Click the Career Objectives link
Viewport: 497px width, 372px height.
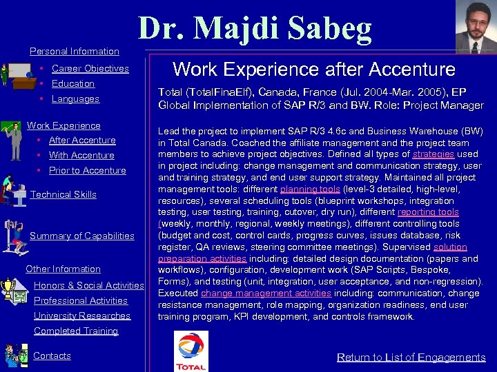[90, 68]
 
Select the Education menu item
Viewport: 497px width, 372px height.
[72, 83]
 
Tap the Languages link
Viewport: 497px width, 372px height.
[75, 99]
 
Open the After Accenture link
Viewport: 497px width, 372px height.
[82, 140]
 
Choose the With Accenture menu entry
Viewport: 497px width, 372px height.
[81, 155]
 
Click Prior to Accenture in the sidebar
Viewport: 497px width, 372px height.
[87, 170]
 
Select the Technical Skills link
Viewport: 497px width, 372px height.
[64, 194]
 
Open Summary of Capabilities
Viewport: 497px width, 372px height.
[82, 236]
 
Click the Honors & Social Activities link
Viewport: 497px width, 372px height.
[88, 285]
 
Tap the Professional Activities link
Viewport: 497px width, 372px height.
[81, 300]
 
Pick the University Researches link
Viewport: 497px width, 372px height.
[82, 316]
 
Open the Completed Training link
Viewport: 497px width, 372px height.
[76, 331]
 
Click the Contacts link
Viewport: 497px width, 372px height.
[52, 355]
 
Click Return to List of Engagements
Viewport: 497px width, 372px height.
[411, 357]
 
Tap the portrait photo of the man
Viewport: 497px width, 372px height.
[476, 27]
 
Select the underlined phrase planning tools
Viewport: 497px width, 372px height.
[310, 189]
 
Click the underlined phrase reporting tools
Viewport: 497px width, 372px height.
[428, 212]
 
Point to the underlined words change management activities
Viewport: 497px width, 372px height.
[266, 293]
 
